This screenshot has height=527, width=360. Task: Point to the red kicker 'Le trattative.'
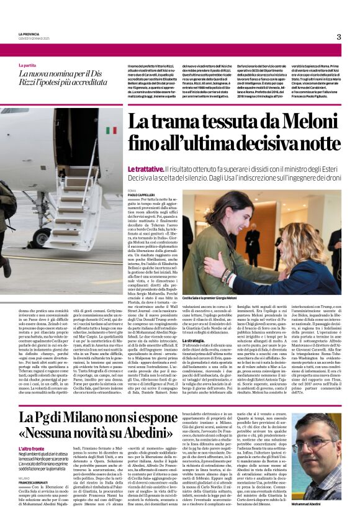pyautogui.click(x=146, y=168)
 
